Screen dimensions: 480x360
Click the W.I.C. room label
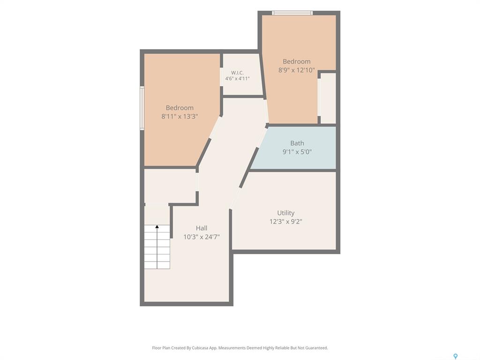pos(237,73)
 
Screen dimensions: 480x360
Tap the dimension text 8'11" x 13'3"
pos(180,116)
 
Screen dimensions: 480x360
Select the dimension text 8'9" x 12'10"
pos(296,70)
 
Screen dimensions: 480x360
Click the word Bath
pos(297,143)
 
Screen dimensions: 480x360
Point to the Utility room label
pos(285,213)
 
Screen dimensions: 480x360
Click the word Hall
pos(202,228)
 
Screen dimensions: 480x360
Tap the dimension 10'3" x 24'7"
pos(202,237)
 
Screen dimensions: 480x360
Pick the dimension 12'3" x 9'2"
pos(285,221)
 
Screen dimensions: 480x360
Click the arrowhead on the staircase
pos(157,227)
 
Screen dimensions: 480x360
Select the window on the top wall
pos(292,13)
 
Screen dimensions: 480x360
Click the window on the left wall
pos(142,108)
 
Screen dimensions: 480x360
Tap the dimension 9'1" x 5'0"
pos(297,151)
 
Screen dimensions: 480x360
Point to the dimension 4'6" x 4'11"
pos(237,79)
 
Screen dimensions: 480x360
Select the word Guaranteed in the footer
pos(317,348)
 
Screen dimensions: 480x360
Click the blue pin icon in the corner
pos(456,356)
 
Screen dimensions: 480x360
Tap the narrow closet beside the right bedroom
pos(328,98)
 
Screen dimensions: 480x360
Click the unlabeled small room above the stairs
pos(170,186)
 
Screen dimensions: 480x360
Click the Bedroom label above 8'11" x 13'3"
pos(180,108)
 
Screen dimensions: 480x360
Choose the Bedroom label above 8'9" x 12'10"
pos(296,61)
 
